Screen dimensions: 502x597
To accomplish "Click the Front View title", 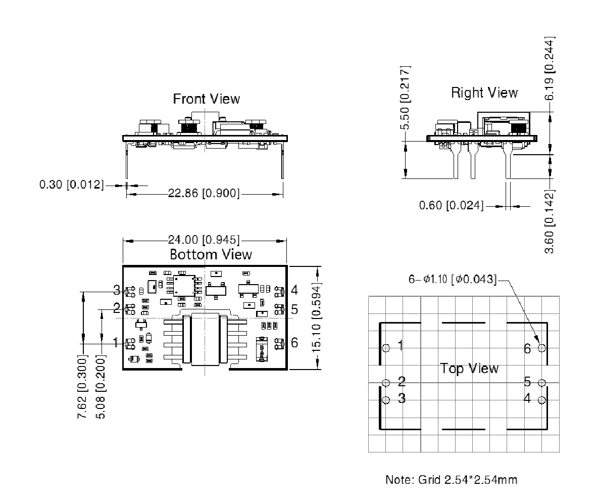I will point(207,99).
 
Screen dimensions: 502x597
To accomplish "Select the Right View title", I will point(484,93).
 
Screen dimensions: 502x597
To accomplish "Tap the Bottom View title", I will point(211,254).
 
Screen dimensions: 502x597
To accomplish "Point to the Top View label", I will point(469,368).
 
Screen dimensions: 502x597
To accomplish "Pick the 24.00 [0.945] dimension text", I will point(204,240).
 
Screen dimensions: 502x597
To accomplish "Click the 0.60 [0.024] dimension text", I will point(451,206).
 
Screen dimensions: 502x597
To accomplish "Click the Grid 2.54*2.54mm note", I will point(451,479).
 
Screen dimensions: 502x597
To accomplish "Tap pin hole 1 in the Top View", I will point(386,348).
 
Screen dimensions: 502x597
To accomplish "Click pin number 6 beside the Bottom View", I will point(294,343).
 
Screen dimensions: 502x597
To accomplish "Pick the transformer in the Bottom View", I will point(204,339).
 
